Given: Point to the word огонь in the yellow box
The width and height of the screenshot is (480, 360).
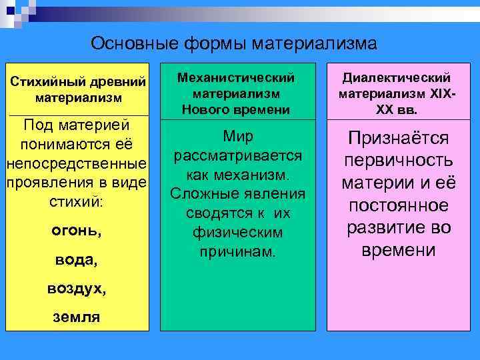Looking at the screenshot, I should (75, 231).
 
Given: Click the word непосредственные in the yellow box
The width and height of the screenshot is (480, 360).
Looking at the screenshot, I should (75, 163).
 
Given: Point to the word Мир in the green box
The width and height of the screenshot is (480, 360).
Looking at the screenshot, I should (238, 137).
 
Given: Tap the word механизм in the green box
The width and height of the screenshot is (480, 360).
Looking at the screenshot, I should (255, 175).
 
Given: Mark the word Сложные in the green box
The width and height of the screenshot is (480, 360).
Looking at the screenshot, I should (201, 194).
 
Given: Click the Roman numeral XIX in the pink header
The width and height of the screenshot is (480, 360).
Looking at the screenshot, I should (439, 94).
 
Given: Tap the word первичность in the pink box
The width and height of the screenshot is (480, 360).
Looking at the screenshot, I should (398, 161).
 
